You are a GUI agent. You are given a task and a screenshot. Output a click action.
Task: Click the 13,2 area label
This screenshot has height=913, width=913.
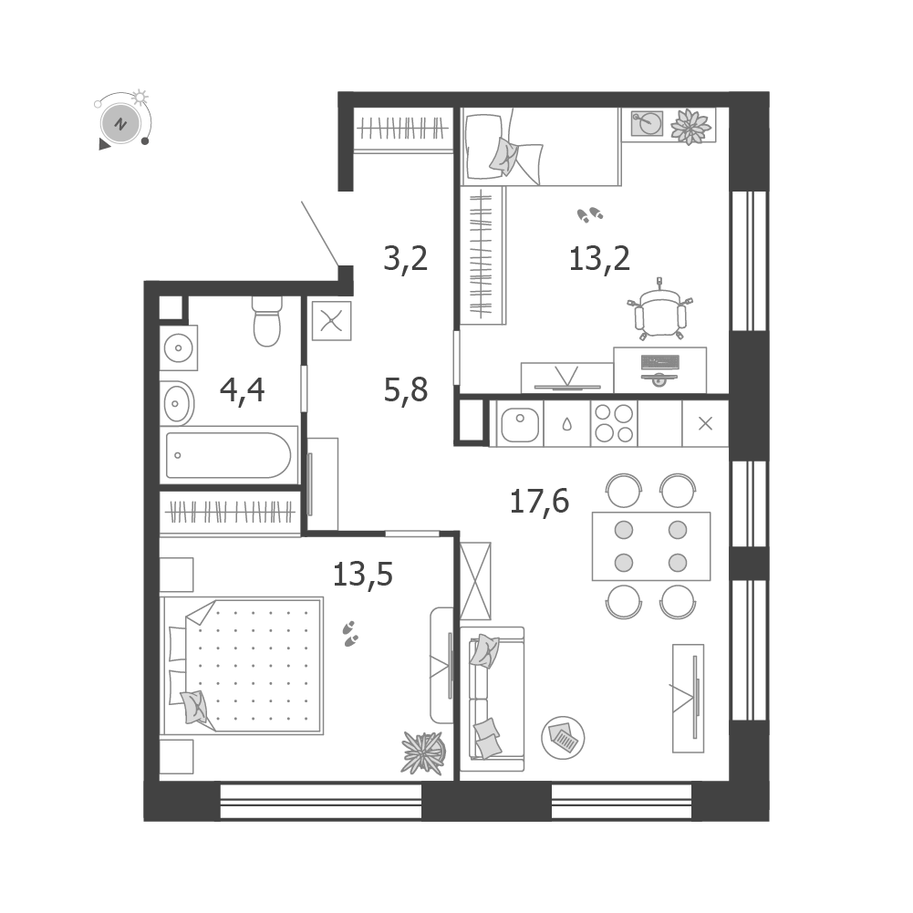[599, 259]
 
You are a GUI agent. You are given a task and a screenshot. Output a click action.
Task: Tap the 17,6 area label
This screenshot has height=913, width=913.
[539, 502]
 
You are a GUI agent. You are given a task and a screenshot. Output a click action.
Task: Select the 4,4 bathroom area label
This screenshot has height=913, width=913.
[243, 390]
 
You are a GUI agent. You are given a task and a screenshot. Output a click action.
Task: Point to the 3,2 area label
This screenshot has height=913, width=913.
[405, 258]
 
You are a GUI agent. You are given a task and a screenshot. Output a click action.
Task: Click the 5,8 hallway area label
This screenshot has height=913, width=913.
[406, 389]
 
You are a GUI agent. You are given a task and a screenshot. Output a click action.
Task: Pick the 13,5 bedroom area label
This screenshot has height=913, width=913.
[363, 574]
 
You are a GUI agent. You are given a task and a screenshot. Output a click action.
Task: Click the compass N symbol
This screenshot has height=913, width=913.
[120, 124]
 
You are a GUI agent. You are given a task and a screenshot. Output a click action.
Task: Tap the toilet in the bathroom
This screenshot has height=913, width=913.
[267, 321]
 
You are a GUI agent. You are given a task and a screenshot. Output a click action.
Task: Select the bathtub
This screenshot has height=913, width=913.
[229, 455]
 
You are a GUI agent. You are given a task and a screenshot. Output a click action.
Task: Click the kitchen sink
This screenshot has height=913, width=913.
[519, 424]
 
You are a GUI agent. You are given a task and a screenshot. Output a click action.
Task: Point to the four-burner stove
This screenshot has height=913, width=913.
[614, 423]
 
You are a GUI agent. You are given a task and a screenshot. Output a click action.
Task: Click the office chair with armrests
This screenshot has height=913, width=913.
[660, 312]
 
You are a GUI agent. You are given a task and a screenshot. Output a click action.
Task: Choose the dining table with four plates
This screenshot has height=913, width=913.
[651, 546]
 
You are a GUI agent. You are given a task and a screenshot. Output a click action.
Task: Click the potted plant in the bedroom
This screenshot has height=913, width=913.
[424, 752]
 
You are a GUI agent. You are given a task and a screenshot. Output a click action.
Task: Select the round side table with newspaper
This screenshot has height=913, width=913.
[563, 738]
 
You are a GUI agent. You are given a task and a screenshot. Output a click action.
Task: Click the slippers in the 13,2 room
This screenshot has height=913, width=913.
[590, 215]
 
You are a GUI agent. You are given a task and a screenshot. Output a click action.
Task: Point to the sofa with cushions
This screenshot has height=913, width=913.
[493, 699]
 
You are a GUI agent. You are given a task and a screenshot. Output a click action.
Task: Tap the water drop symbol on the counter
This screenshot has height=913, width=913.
[566, 424]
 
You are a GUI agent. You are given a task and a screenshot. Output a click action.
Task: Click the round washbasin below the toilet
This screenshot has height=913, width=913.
[178, 348]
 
